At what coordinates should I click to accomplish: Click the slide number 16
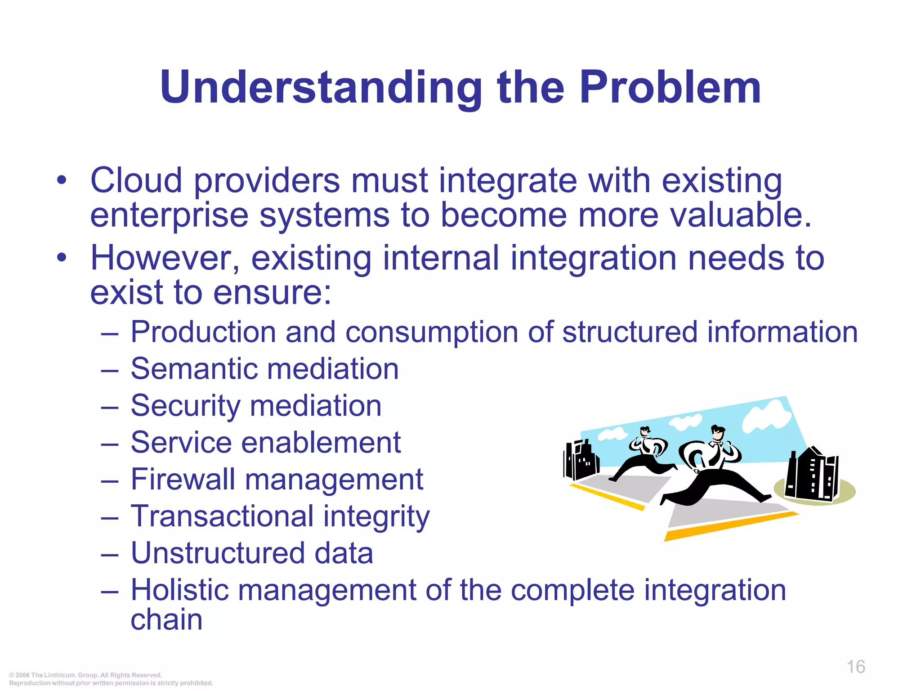point(856,667)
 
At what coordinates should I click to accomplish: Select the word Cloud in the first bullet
point(136,181)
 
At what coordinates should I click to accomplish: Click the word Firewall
point(183,480)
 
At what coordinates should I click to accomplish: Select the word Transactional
point(222,516)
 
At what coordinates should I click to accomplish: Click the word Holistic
point(179,590)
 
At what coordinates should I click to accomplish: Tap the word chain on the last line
point(166,620)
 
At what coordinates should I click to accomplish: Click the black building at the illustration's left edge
point(581,461)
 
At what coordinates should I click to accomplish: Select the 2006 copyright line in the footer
point(85,675)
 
